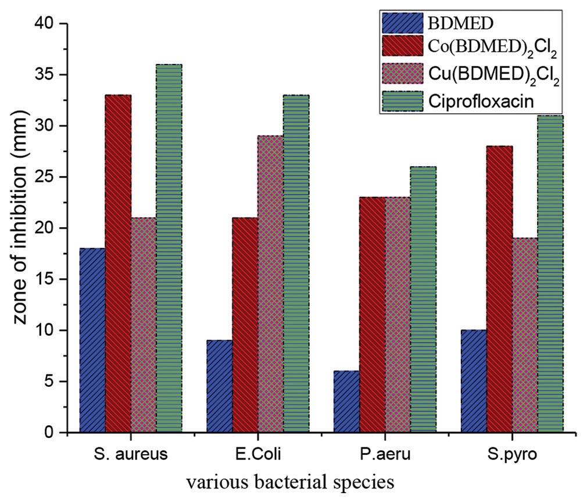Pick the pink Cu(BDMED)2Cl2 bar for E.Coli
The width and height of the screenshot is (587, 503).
point(270,284)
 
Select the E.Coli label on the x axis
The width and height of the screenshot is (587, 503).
point(257,455)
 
